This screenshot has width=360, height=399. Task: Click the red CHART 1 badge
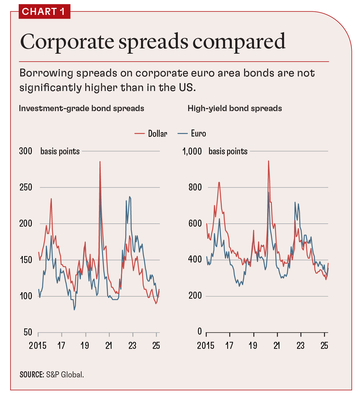44,12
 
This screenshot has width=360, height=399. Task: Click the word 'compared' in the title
239,42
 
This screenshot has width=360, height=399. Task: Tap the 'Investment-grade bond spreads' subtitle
81,108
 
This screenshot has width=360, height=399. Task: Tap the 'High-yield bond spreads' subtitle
234,108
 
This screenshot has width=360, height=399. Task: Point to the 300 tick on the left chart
26,151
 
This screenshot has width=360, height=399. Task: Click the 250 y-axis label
26,187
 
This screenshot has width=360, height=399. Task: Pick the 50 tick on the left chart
28,332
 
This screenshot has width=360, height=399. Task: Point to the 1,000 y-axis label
192,151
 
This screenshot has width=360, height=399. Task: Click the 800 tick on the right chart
195,187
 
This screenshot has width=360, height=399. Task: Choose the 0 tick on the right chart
200,331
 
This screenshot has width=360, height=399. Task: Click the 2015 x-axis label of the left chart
38,346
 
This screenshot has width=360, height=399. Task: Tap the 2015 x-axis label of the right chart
206,346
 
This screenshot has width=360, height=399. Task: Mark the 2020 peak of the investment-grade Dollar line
100,162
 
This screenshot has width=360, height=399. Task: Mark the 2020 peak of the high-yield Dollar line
268,161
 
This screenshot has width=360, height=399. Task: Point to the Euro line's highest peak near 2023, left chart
129,197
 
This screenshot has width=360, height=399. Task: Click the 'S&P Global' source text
65,374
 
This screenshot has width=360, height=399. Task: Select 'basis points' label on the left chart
60,151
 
